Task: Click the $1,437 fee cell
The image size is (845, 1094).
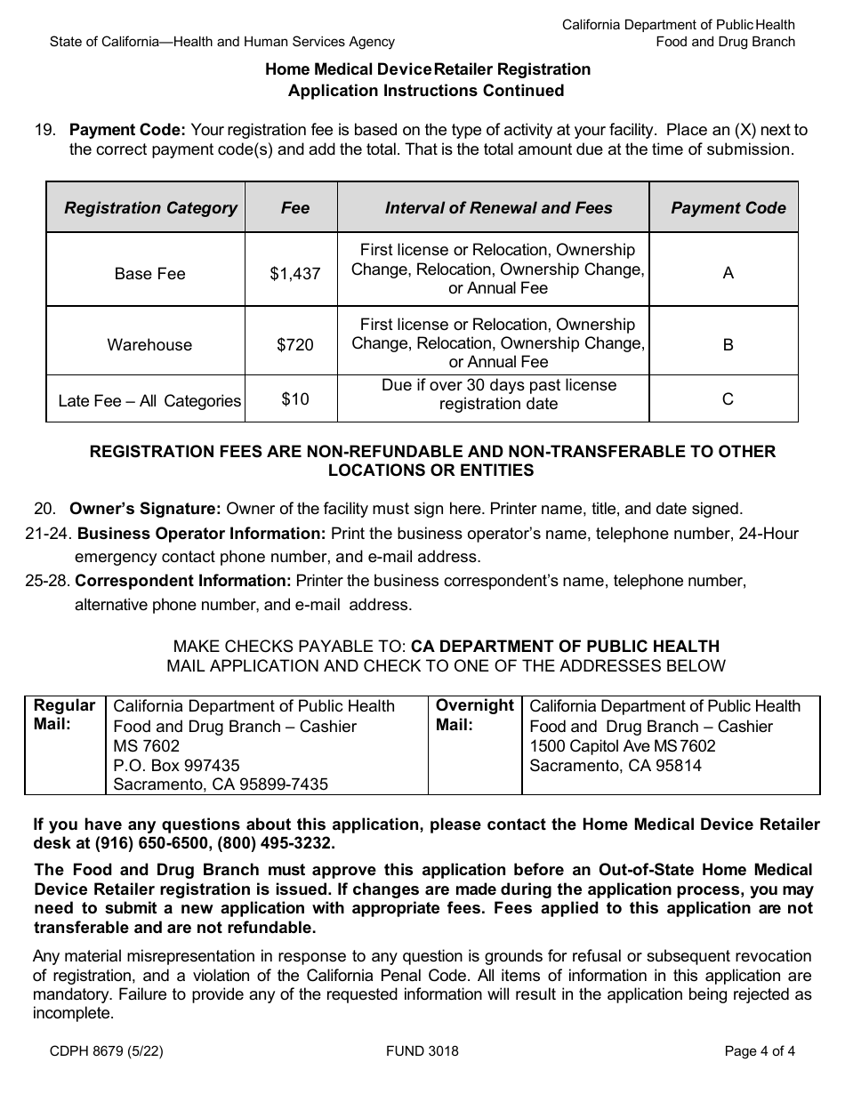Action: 294,274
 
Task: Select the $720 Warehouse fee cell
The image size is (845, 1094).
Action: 294,345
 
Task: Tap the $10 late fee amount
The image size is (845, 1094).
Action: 294,399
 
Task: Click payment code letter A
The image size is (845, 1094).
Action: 728,274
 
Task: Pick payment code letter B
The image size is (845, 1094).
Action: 728,345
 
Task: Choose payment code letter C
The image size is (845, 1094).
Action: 728,399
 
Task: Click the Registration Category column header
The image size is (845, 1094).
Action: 150,208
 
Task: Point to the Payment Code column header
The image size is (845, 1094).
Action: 728,208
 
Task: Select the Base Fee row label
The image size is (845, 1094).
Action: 149,274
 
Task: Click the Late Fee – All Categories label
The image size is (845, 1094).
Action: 149,401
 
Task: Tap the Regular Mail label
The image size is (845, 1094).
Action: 64,715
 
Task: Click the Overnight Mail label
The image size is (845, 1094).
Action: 474,715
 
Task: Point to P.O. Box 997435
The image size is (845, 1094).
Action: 176,765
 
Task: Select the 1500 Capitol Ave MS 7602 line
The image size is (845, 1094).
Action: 622,745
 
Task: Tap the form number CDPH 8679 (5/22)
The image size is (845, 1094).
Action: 107,1051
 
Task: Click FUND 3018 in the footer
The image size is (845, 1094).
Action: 422,1051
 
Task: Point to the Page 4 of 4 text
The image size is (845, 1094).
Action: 760,1051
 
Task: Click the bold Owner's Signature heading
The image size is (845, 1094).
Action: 145,509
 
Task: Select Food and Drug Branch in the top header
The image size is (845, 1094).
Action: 725,42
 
